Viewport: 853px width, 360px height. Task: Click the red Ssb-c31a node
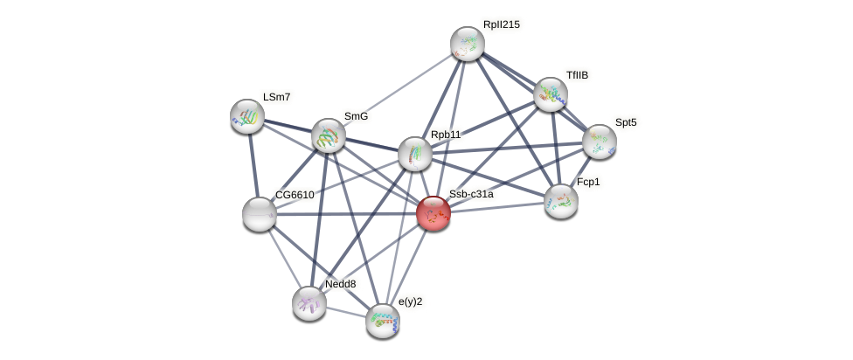tap(433, 213)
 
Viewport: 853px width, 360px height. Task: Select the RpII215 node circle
tap(468, 44)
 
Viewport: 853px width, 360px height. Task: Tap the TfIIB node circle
tap(551, 94)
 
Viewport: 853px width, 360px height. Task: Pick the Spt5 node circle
tap(600, 141)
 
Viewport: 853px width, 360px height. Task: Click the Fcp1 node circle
tap(561, 201)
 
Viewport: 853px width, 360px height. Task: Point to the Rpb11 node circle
tap(415, 154)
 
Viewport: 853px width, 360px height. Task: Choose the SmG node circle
tap(329, 135)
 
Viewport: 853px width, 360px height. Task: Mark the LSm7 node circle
tap(247, 115)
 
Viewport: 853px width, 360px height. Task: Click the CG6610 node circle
tap(259, 214)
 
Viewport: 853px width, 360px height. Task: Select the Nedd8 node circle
tap(309, 303)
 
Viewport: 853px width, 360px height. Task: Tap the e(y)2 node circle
tap(383, 321)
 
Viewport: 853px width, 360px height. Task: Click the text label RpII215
tap(501, 24)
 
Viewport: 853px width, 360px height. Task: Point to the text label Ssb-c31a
tap(471, 194)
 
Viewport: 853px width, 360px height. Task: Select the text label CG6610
tap(295, 195)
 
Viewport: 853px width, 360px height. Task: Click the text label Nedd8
tap(340, 284)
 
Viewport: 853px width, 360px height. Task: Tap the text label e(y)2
tap(410, 302)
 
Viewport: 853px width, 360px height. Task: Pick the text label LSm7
tap(276, 97)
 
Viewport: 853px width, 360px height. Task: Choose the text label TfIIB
tap(577, 75)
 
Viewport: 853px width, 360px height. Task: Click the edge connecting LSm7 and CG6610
tap(253, 164)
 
